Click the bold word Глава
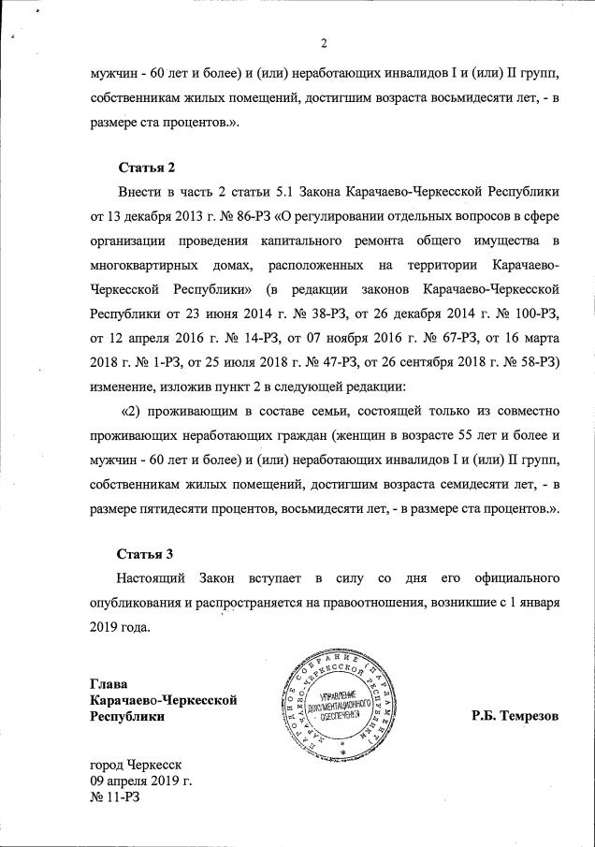tap(108, 682)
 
